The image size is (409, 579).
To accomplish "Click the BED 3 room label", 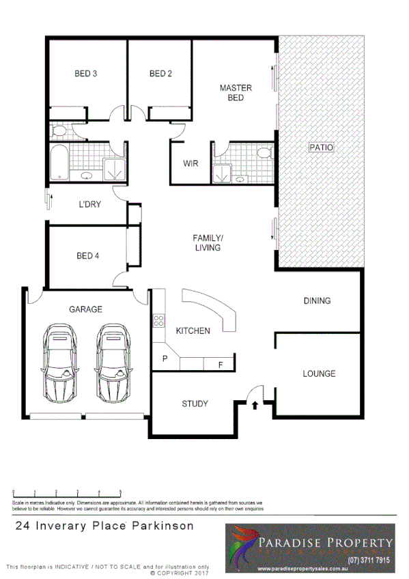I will [x=85, y=74].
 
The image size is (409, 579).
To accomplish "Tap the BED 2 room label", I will [x=160, y=74].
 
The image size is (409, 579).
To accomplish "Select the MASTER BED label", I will [x=236, y=92].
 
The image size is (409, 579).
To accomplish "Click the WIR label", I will [x=191, y=164].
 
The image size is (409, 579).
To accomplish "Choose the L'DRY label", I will [x=90, y=203].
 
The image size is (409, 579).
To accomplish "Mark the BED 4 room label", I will [x=87, y=256].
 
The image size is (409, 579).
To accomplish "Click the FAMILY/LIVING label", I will [x=207, y=242].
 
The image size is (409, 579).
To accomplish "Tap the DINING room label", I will [x=317, y=300].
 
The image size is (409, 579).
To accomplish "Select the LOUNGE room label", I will [x=319, y=373].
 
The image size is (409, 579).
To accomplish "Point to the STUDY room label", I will [x=195, y=404].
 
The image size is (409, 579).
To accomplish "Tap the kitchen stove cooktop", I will [x=158, y=320].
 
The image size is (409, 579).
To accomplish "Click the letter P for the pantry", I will [x=165, y=358].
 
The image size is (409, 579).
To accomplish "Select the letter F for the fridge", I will [x=220, y=365].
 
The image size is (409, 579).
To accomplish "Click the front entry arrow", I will [x=255, y=405].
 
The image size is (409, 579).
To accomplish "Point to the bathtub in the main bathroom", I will [x=59, y=163].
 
